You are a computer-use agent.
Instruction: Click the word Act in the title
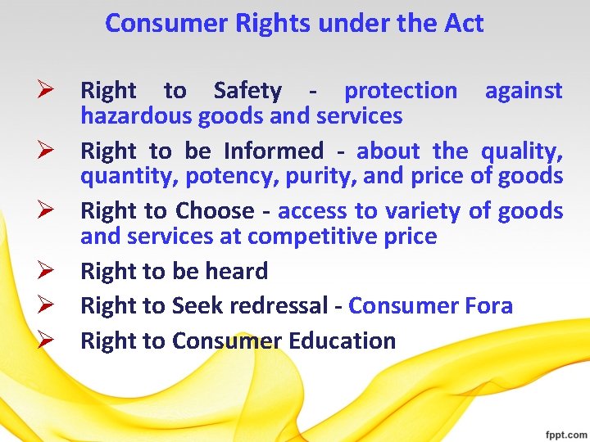[463, 24]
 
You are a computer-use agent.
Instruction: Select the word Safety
[247, 91]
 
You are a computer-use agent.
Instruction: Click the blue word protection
[401, 91]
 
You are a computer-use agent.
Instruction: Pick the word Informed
[274, 151]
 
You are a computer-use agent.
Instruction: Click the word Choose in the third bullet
[215, 211]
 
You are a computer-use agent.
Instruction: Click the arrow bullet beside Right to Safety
[45, 91]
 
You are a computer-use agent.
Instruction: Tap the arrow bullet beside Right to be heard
[45, 271]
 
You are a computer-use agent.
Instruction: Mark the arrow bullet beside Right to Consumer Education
[45, 341]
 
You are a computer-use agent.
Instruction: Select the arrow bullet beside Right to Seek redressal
[45, 306]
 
